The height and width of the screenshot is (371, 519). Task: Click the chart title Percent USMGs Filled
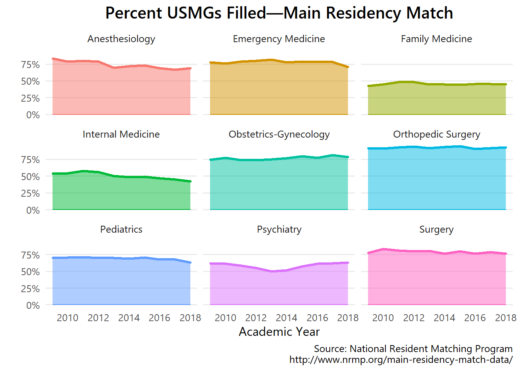279,13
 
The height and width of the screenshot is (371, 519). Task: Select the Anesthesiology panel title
121,39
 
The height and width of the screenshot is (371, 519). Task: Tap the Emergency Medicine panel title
279,39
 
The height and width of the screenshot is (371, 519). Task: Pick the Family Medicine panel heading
436,39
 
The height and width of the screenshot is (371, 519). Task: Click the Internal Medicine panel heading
121,134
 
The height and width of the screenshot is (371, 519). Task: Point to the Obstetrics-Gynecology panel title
279,134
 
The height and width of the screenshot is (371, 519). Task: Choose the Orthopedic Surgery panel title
436,134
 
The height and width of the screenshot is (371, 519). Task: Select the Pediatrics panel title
121,229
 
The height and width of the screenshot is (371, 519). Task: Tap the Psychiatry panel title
279,230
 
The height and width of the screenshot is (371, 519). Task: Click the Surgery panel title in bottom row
436,230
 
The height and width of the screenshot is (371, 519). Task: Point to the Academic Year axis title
279,332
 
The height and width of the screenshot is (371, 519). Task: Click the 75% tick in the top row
31,65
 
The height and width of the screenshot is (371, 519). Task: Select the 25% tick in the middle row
31,193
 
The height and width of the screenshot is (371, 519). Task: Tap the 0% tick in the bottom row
33,305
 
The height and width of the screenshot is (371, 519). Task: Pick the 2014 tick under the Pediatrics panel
129,318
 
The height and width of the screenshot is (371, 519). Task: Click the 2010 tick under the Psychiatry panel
225,318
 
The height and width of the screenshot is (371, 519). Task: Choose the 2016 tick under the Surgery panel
475,318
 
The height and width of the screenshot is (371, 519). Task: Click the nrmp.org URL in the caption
401,360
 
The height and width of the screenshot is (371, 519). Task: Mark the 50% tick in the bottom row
31,272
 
